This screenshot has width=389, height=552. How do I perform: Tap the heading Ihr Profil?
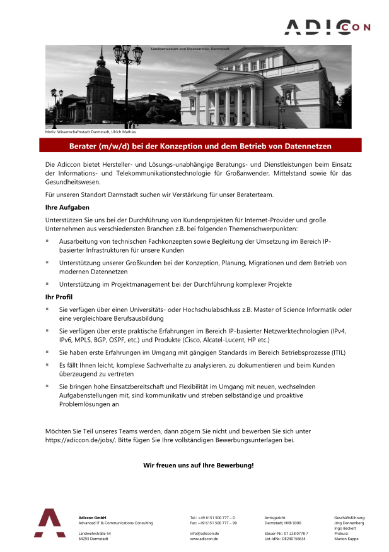pyautogui.click(x=58, y=297)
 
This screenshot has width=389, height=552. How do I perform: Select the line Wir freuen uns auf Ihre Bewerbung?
pyautogui.click(x=199, y=465)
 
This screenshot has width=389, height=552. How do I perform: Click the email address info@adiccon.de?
pyautogui.click(x=204, y=533)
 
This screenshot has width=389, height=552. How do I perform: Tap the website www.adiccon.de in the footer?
pyautogui.click(x=204, y=539)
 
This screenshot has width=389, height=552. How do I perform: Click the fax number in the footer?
pyautogui.click(x=213, y=523)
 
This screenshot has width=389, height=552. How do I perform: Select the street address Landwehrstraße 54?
pyautogui.click(x=95, y=533)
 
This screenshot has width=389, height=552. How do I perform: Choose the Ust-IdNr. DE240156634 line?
pyautogui.click(x=285, y=539)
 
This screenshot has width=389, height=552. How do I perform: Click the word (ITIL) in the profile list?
pyautogui.click(x=337, y=352)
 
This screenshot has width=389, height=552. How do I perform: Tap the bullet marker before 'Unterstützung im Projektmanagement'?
pyautogui.click(x=47, y=284)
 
